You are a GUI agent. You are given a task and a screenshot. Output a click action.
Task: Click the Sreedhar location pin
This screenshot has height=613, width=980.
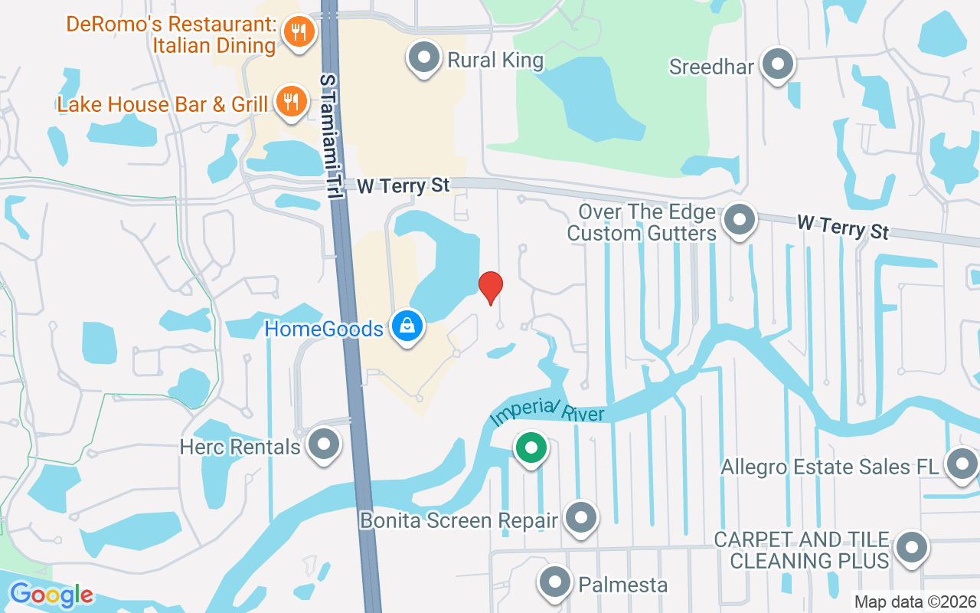[779, 65]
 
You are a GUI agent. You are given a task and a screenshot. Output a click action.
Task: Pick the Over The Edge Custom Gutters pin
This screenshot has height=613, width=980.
[740, 220]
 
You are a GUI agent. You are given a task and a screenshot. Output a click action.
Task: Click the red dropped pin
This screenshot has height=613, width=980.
[491, 287]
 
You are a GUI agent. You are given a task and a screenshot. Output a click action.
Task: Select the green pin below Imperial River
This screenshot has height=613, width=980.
[531, 447]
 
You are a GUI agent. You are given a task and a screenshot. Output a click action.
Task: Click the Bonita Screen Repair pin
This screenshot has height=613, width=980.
[581, 519]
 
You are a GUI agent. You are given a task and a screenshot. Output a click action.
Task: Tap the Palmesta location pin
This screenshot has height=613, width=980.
[554, 583]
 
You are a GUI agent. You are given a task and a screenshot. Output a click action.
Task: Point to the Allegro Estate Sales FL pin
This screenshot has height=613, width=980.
[962, 464]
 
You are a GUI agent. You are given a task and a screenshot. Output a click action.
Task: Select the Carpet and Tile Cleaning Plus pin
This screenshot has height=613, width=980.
[911, 549]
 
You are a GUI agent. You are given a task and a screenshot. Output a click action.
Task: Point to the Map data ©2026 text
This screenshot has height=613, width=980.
[916, 602]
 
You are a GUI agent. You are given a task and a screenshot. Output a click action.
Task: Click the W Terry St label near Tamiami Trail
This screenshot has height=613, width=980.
[403, 185]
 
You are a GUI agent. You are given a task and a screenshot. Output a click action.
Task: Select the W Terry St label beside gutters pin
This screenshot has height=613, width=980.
[842, 226]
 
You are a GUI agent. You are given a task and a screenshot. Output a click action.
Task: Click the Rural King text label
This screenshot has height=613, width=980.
[495, 61]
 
